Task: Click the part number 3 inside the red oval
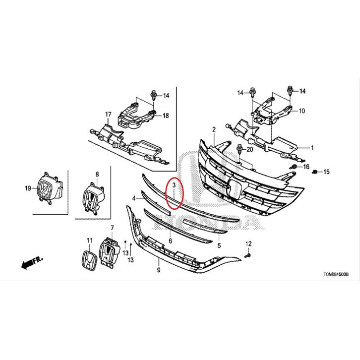pyautogui.click(x=174, y=185)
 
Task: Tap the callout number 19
pyautogui.click(x=28, y=188)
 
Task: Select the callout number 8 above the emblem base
pyautogui.click(x=97, y=174)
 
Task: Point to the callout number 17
pyautogui.click(x=108, y=115)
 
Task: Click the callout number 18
pyautogui.click(x=166, y=116)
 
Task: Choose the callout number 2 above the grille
pyautogui.click(x=214, y=130)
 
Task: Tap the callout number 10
pyautogui.click(x=302, y=111)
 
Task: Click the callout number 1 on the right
pyautogui.click(x=312, y=147)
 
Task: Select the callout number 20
pyautogui.click(x=250, y=149)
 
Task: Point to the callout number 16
pyautogui.click(x=306, y=167)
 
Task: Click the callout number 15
pyautogui.click(x=326, y=172)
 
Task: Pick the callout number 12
pyautogui.click(x=248, y=243)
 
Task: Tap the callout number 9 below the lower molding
pyautogui.click(x=158, y=270)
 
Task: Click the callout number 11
pyautogui.click(x=89, y=240)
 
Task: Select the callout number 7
pyautogui.click(x=112, y=228)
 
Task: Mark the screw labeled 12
pyautogui.click(x=248, y=254)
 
